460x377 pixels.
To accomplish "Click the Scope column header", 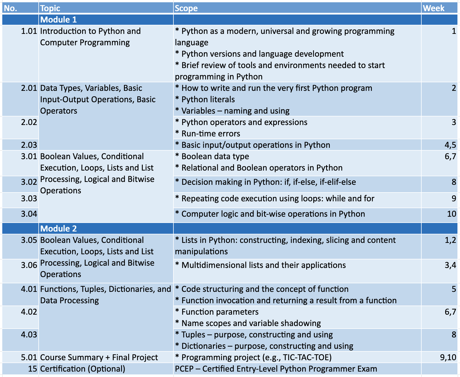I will (x=186, y=8).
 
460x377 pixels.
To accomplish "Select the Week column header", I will (x=433, y=8).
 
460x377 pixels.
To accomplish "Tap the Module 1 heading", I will (x=59, y=20).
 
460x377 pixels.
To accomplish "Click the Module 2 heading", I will (x=59, y=229).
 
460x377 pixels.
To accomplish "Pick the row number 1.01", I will (x=29, y=31).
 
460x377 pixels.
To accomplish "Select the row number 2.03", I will (x=29, y=145).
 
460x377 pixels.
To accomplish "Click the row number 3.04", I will (x=29, y=214).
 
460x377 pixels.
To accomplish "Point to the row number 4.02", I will (x=29, y=312).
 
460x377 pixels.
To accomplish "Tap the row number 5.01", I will (x=29, y=357).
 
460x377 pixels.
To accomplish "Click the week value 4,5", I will (x=450, y=145).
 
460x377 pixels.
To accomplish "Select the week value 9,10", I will (x=448, y=357).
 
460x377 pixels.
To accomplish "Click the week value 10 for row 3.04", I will (x=451, y=214).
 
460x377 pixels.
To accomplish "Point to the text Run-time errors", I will (x=211, y=134).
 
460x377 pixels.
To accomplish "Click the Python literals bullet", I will (x=208, y=99).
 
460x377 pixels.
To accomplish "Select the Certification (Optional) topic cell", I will (x=83, y=369).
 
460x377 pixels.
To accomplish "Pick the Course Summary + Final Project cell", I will (x=99, y=357).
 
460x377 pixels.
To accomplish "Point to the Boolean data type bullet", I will (x=215, y=156).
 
